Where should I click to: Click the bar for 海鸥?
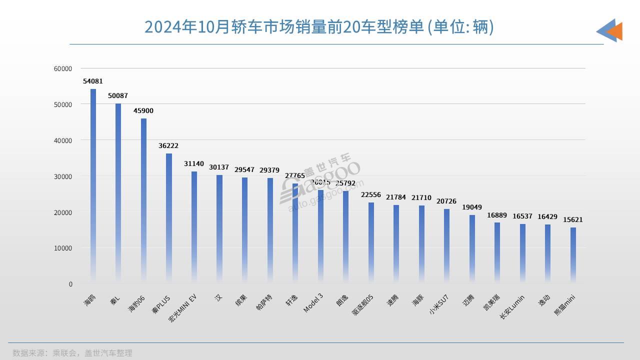93,185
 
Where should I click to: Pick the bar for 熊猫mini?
573,255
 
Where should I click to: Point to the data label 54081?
93,81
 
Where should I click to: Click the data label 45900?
143,110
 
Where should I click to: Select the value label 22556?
371,194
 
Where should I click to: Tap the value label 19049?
472,207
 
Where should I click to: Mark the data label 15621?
573,219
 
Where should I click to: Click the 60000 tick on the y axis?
63,68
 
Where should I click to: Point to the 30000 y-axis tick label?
63,176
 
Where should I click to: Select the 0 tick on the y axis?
70,284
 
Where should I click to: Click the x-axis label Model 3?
313,303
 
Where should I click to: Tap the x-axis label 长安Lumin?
512,306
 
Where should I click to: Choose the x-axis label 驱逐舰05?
362,304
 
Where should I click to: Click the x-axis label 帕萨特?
264,303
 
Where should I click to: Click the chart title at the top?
319,27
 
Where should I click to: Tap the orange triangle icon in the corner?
615,31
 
